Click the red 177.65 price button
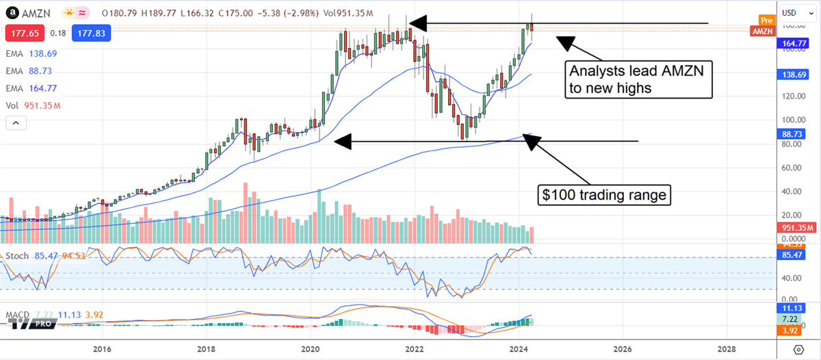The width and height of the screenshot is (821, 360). [22, 33]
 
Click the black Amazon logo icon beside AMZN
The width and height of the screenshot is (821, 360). [12, 12]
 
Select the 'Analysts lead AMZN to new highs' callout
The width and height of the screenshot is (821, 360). [638, 79]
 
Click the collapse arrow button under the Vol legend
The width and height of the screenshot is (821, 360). [16, 123]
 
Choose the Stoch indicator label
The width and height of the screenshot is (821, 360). [16, 256]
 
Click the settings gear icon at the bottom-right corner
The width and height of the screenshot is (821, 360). [798, 350]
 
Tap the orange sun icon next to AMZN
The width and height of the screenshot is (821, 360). [69, 13]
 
